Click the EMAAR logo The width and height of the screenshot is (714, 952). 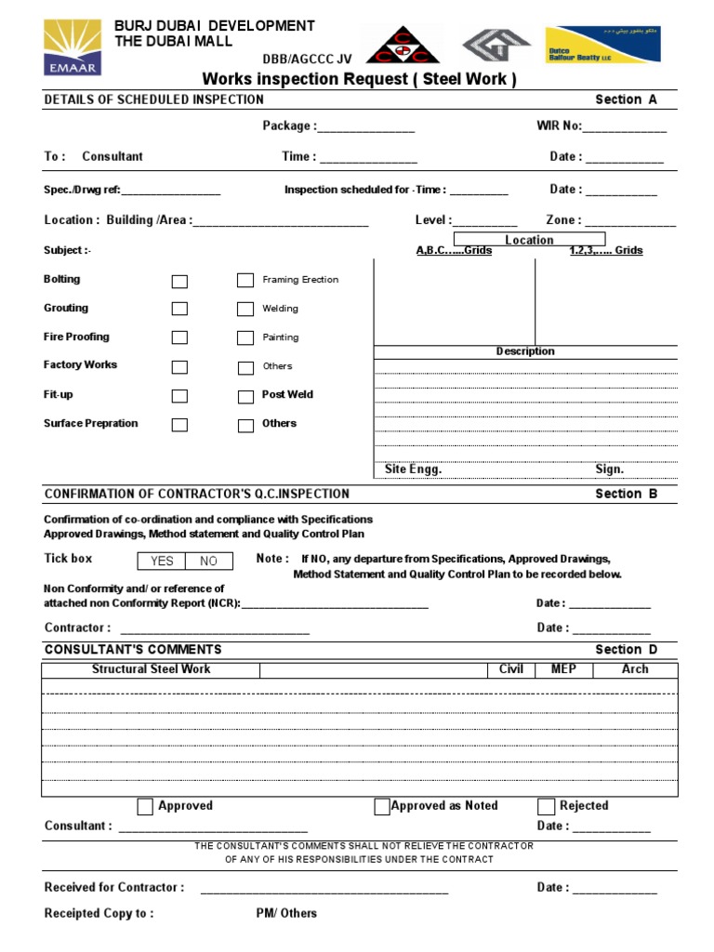pyautogui.click(x=72, y=47)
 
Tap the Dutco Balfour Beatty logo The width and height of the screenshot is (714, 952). pyautogui.click(x=602, y=45)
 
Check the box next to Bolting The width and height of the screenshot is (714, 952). pyautogui.click(x=179, y=281)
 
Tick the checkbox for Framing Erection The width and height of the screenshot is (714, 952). pyautogui.click(x=245, y=280)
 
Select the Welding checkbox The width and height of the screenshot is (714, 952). pyautogui.click(x=245, y=309)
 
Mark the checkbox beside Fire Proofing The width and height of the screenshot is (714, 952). pyautogui.click(x=179, y=337)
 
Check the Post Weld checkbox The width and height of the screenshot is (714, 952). pyautogui.click(x=245, y=396)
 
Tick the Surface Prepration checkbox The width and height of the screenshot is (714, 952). pyautogui.click(x=179, y=425)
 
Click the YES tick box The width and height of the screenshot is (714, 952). pyautogui.click(x=162, y=562)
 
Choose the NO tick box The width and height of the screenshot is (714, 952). pyautogui.click(x=208, y=562)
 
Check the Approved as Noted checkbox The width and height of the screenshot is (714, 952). pyautogui.click(x=382, y=807)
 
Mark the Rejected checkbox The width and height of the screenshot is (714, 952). pyautogui.click(x=547, y=807)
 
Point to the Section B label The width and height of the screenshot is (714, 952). pyautogui.click(x=626, y=494)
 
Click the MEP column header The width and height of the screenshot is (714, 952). pyautogui.click(x=563, y=669)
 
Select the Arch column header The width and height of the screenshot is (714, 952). pyautogui.click(x=635, y=669)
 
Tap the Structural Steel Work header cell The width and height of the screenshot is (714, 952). pyautogui.click(x=151, y=669)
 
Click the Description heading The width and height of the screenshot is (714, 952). pyautogui.click(x=525, y=351)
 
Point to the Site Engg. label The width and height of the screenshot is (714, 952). pyautogui.click(x=413, y=469)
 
